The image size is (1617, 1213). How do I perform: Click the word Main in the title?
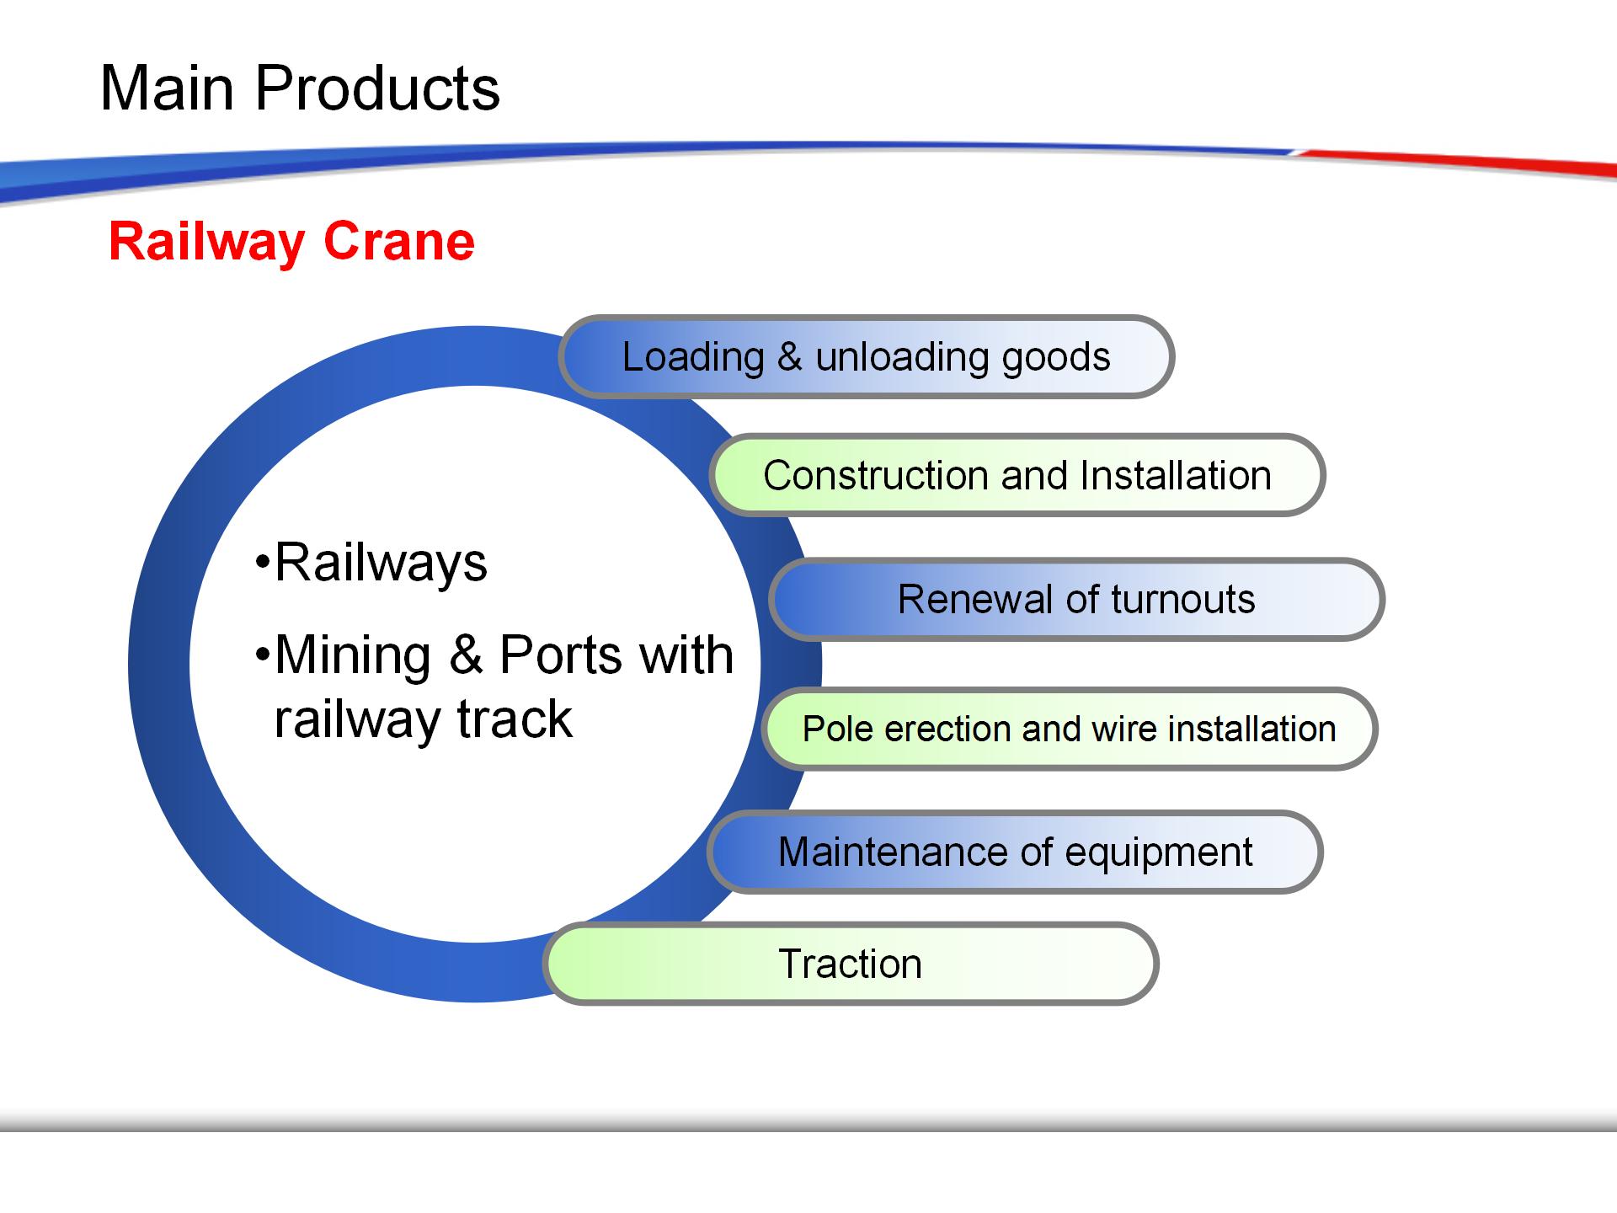[167, 88]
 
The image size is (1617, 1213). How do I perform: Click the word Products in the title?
[377, 88]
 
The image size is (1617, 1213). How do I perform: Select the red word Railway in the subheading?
[206, 243]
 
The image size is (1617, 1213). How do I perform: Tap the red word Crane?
[399, 242]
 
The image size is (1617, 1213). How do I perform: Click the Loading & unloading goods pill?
[866, 356]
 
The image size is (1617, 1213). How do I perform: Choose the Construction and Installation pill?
[1017, 475]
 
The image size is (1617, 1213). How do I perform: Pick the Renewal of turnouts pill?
[1076, 599]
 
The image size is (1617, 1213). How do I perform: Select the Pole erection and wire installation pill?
[1070, 729]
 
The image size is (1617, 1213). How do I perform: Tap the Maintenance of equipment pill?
[1015, 852]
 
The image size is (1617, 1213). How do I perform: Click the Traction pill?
[851, 964]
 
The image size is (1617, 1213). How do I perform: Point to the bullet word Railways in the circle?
[381, 564]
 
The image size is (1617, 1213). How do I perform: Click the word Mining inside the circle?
[353, 655]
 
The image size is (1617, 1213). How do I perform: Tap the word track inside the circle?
[515, 719]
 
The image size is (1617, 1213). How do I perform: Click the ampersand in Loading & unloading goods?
[789, 356]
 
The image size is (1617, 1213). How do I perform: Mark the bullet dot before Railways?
[263, 562]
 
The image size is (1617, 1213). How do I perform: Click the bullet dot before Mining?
[263, 655]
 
